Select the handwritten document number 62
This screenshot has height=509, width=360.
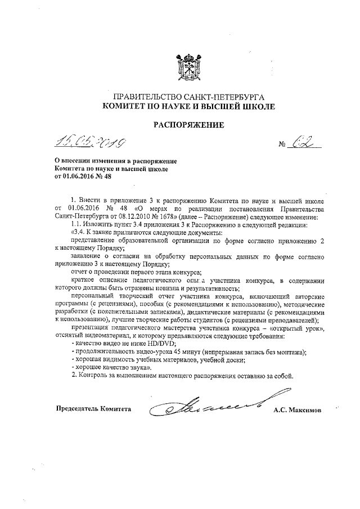pyautogui.click(x=301, y=143)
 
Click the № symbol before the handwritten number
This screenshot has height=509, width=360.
pyautogui.click(x=283, y=146)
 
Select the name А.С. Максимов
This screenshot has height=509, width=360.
pyautogui.click(x=297, y=410)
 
